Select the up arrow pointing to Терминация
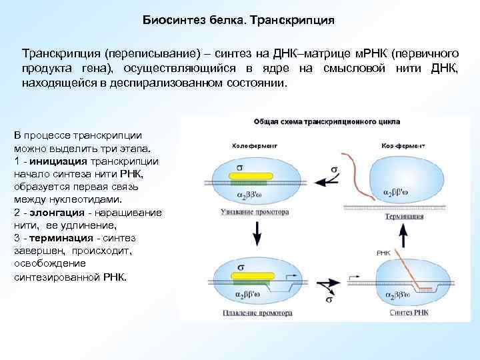[x=403, y=236]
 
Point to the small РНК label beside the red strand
[x=383, y=253]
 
